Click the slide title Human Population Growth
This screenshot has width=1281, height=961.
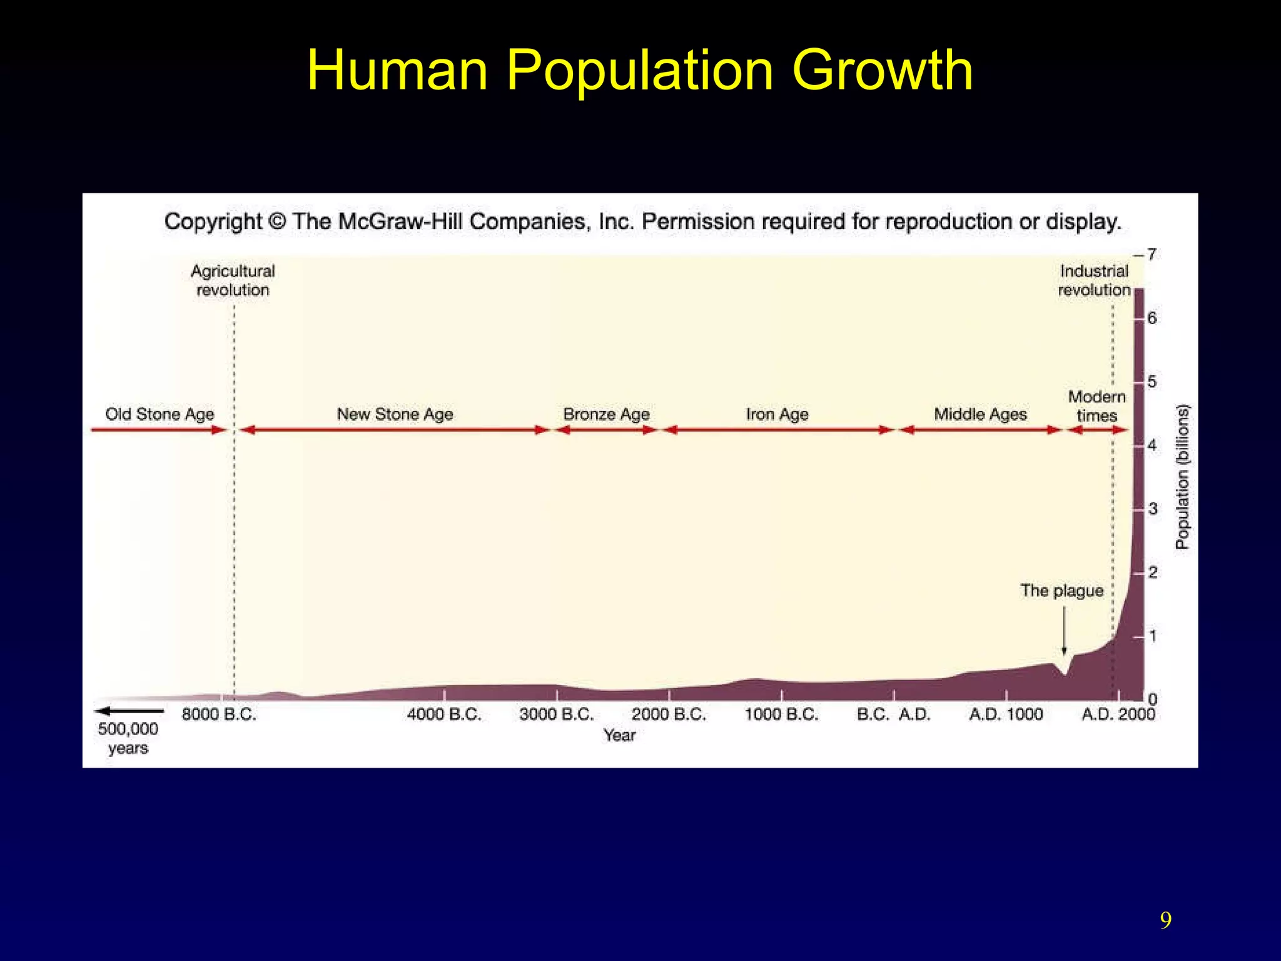coord(639,70)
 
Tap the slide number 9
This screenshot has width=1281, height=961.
coord(1165,920)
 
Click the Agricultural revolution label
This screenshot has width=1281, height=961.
coord(233,280)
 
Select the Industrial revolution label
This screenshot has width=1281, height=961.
coord(1094,280)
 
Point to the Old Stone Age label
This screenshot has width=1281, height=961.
coord(159,414)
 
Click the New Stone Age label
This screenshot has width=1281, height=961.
coord(395,414)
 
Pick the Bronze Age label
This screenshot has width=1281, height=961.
coord(606,414)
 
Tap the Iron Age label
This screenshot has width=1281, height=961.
coord(777,414)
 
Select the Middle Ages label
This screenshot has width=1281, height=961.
coord(980,414)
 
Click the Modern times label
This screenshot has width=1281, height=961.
coord(1096,406)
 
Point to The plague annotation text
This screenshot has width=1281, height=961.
coord(1061,591)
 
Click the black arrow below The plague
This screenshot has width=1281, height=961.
coord(1064,632)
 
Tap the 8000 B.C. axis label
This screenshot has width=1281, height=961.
coord(219,714)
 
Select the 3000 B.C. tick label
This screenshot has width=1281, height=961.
coord(556,714)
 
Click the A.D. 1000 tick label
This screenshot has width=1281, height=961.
coord(1006,714)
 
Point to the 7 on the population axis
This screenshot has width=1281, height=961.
coord(1152,255)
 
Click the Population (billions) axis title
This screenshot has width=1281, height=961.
coord(1182,477)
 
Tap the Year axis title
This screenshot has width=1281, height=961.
coord(619,736)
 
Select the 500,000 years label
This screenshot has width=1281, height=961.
coord(128,738)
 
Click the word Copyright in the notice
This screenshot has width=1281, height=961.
coord(213,221)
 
